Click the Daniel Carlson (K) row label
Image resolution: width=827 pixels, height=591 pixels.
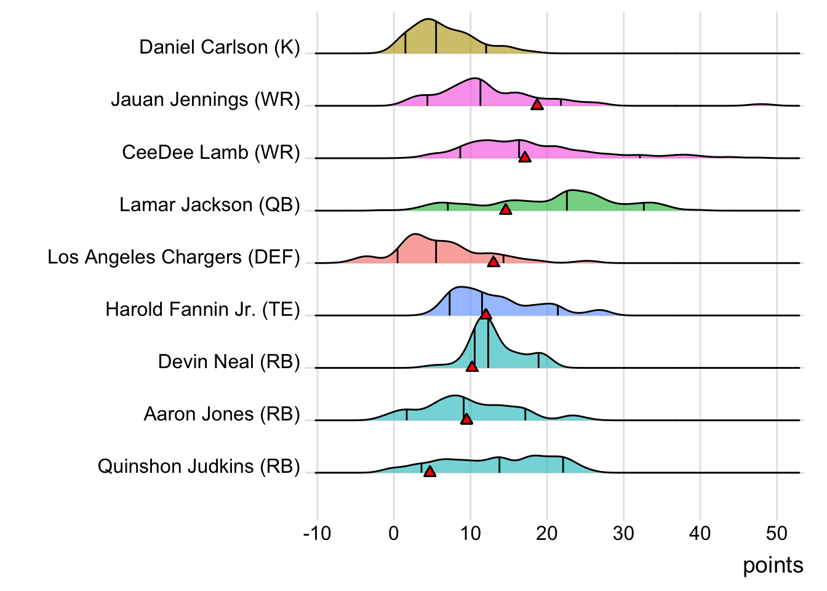[220, 47]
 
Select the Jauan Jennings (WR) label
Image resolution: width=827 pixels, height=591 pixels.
[206, 100]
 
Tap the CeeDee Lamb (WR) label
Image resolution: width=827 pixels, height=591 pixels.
[211, 152]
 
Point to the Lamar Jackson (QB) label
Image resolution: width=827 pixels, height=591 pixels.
[210, 204]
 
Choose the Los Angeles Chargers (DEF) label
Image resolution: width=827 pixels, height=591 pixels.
[174, 257]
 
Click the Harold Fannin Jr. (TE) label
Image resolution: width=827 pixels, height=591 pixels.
[202, 309]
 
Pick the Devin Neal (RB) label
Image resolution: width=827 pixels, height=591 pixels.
[229, 361]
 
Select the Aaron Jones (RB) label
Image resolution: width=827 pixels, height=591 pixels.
[222, 414]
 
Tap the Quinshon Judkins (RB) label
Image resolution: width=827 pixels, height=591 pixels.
[199, 466]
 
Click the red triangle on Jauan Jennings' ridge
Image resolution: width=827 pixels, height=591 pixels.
[537, 105]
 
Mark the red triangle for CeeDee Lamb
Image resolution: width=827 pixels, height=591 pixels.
[525, 157]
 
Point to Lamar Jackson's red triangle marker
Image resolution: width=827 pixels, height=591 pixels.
[505, 209]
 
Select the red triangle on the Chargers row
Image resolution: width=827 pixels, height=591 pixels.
[493, 262]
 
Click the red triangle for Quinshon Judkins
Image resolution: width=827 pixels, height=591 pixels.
[429, 471]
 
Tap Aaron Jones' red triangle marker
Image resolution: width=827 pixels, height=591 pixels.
[466, 419]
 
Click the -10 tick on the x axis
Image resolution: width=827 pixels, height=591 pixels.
[317, 533]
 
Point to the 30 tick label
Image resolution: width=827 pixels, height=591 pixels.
[623, 533]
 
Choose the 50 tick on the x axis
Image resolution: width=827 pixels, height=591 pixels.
[777, 533]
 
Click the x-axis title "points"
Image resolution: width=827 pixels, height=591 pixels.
[773, 565]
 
